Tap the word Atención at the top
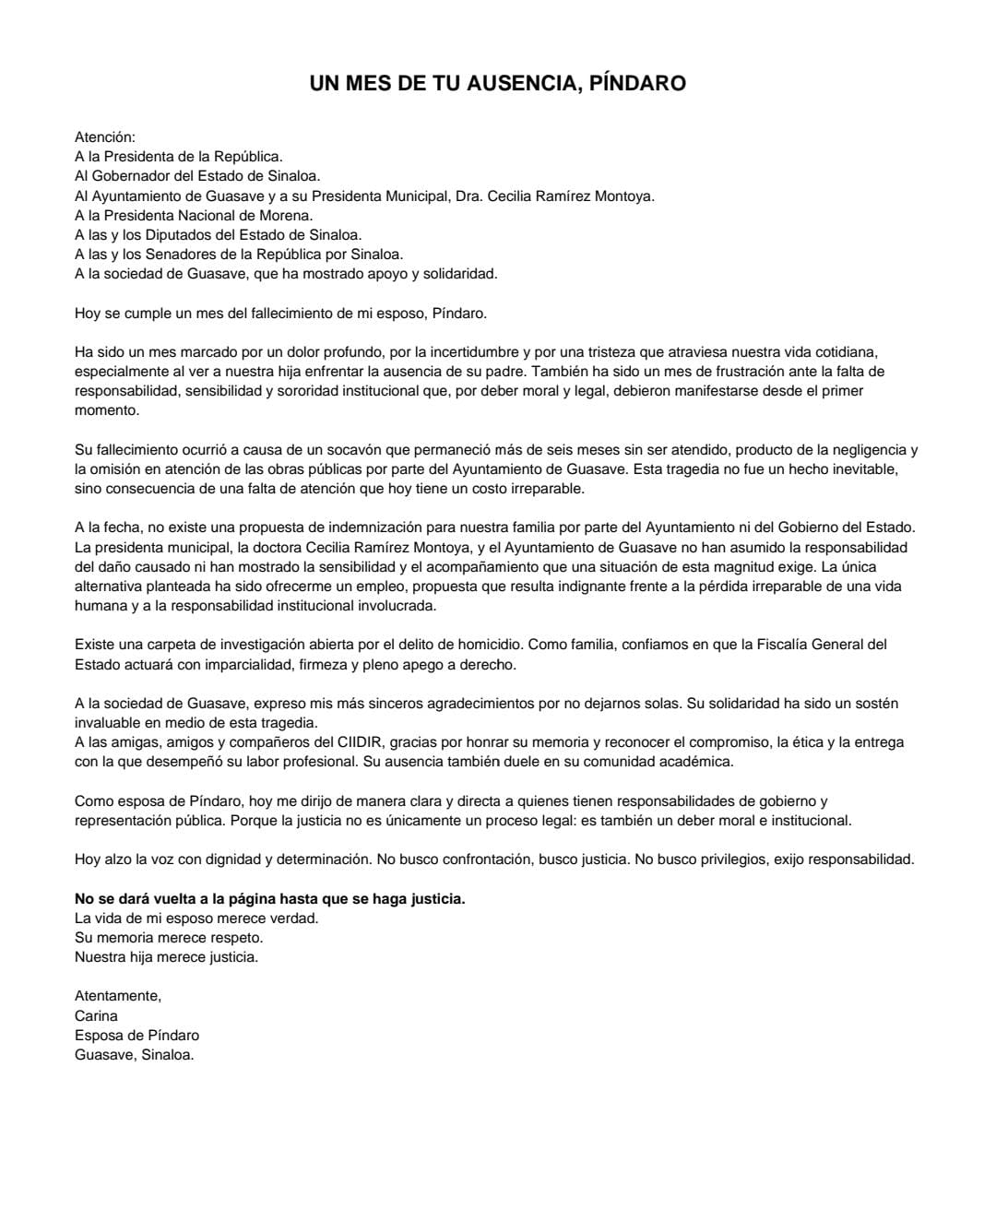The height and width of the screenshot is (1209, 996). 104,137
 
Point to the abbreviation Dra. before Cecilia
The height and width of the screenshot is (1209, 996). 468,196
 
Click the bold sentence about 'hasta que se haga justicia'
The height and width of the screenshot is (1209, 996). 269,898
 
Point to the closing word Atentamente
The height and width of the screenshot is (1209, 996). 118,996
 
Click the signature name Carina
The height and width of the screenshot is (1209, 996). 96,1015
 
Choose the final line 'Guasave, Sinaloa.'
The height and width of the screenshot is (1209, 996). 134,1055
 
